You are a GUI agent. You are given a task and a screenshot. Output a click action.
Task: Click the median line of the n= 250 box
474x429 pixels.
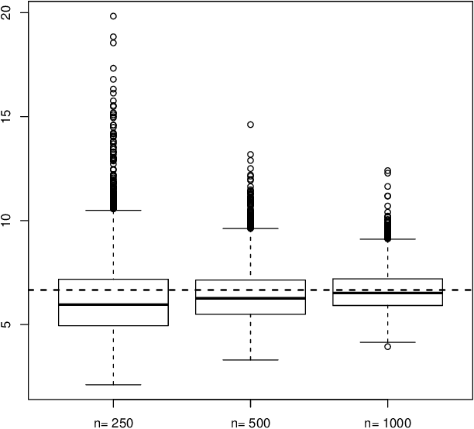pos(113,304)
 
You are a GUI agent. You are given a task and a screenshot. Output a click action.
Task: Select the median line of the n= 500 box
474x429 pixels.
pos(249,298)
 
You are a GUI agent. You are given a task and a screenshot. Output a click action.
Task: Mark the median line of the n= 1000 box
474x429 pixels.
pos(386,293)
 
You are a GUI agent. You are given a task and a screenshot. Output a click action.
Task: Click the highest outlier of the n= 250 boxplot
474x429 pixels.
pos(113,16)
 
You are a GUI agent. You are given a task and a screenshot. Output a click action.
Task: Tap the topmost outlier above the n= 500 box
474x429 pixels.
pos(250,125)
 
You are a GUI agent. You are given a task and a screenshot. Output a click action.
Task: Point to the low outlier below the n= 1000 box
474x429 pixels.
pos(387,346)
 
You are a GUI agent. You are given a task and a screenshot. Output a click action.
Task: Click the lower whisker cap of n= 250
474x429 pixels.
pos(113,385)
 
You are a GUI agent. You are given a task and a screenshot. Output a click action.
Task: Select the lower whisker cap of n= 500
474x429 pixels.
pos(249,360)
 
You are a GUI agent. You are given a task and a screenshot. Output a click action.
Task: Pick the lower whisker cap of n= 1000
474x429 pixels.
pos(386,342)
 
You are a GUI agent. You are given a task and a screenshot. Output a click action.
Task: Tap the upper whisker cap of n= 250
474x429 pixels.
pos(113,210)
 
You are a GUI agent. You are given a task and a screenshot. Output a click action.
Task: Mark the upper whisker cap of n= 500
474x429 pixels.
pos(249,228)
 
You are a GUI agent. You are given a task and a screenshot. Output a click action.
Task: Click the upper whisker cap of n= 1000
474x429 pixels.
pos(386,239)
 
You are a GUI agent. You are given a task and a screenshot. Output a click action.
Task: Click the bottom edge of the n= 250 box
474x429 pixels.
pos(113,326)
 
